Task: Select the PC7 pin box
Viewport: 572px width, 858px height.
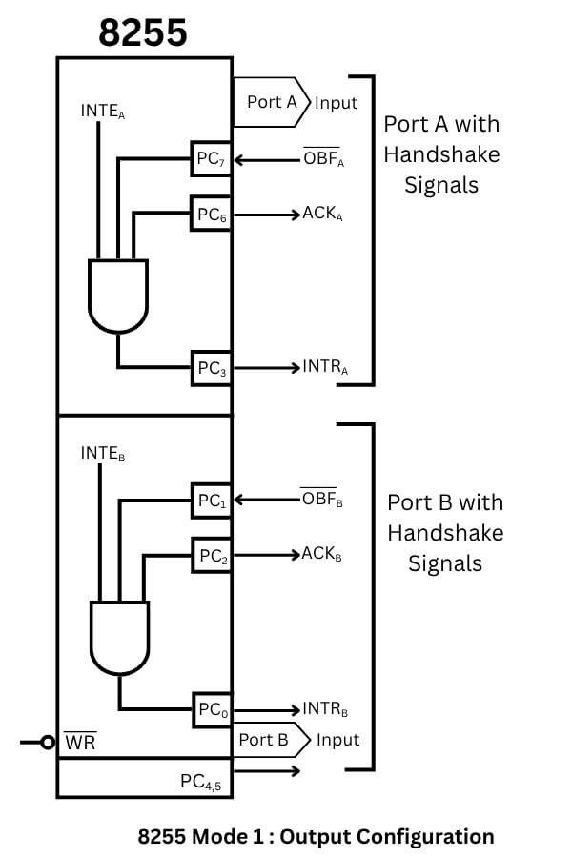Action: coord(211,161)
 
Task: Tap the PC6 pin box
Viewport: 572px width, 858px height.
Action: coord(211,214)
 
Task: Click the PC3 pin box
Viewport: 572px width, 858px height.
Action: coord(211,369)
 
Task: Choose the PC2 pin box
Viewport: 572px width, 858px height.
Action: coord(211,556)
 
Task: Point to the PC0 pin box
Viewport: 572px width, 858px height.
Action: coord(211,710)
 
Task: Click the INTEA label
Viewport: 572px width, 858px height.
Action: coord(103,112)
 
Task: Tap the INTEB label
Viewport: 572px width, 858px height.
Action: coord(103,455)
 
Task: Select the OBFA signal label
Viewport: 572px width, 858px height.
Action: coord(323,159)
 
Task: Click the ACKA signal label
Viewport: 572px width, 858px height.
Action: coord(322,214)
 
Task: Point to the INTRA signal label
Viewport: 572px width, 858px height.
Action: coord(324,367)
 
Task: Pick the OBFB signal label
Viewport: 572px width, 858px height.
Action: coord(321,499)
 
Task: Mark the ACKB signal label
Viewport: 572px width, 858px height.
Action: coord(321,554)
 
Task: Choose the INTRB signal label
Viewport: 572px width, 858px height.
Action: coord(325,709)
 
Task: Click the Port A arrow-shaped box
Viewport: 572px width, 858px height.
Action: coord(273,102)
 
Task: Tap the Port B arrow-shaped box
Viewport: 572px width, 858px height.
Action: coord(271,740)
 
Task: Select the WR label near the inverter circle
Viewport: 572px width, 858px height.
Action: coord(79,742)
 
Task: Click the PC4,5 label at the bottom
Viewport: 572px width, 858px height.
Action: coord(202,783)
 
